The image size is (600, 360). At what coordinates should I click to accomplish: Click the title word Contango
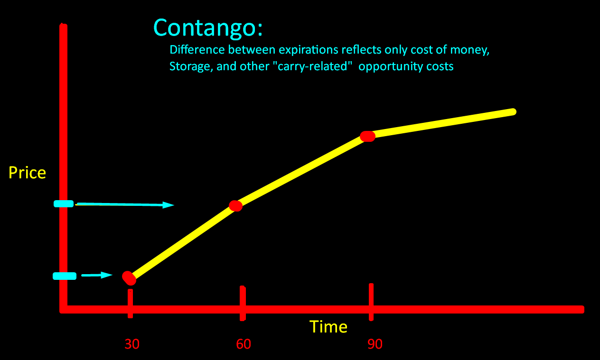[207, 28]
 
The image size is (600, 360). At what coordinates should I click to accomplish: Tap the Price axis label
[27, 173]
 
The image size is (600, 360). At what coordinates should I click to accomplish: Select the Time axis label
[328, 327]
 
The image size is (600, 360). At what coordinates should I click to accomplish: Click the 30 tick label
[132, 344]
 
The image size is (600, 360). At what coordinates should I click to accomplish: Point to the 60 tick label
[244, 344]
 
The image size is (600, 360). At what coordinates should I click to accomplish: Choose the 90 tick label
[375, 344]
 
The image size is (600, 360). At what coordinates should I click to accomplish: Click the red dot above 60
[235, 205]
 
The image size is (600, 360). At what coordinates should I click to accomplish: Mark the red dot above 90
[367, 136]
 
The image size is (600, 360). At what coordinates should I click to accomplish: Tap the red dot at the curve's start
[129, 278]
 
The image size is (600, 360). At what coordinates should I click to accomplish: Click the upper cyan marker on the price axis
[64, 203]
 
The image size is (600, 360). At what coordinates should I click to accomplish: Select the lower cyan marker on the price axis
[64, 276]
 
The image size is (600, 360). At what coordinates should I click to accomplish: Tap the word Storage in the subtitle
[189, 66]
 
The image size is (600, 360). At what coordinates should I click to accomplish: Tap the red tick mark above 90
[371, 302]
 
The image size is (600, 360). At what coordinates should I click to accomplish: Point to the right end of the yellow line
[513, 112]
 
